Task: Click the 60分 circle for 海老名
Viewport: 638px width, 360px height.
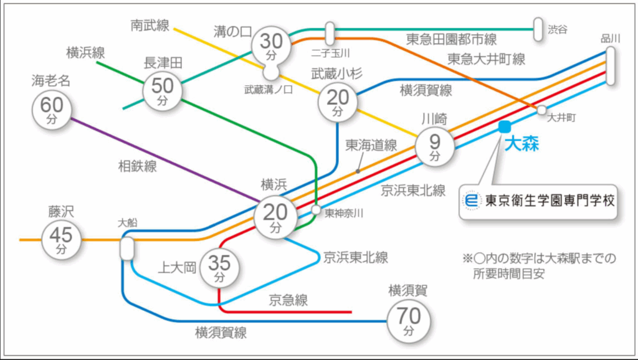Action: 50,109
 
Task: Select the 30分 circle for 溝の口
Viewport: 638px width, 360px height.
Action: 271,45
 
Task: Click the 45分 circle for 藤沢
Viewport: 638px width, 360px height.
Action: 61,240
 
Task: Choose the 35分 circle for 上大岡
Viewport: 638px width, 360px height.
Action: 219,267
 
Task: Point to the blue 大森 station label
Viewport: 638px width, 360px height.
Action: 521,144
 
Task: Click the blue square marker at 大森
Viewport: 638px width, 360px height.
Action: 505,126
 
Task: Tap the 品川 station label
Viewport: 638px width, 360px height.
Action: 611,39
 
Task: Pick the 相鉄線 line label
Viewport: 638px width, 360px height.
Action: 138,166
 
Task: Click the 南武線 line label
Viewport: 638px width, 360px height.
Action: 150,26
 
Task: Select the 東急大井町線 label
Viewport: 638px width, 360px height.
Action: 486,59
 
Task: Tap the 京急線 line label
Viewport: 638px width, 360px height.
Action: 288,300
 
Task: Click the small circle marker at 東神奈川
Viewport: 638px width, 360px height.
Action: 316,211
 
